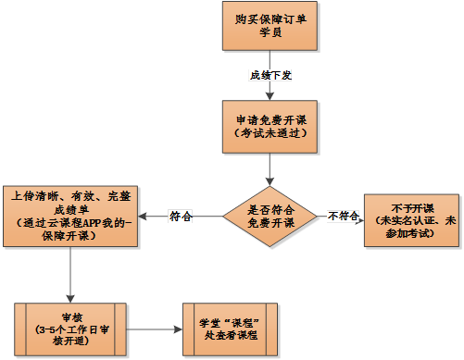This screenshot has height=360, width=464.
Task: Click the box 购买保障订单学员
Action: [x=269, y=26]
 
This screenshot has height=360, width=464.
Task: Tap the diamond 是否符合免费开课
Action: [x=270, y=217]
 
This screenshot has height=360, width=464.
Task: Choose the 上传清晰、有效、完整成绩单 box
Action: [x=71, y=216]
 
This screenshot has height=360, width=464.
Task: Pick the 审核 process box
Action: [x=71, y=328]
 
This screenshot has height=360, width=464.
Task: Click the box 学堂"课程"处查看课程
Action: [x=229, y=328]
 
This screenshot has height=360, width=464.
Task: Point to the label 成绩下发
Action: [x=270, y=75]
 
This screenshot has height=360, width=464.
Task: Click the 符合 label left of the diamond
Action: [x=181, y=217]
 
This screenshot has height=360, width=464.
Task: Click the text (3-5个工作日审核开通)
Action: [x=71, y=334]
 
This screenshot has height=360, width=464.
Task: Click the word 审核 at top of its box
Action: [x=71, y=314]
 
